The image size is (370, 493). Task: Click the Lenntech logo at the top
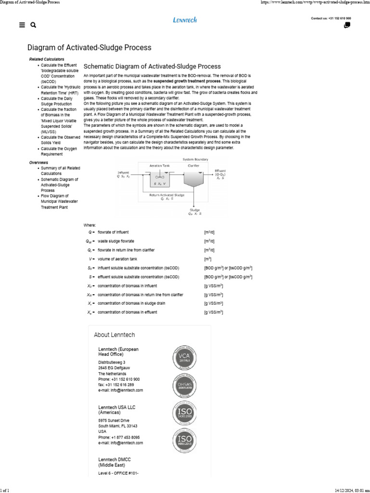185,20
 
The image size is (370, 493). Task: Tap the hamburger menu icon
22,26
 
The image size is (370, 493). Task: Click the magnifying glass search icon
33,26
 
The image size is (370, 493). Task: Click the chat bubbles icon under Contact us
347,26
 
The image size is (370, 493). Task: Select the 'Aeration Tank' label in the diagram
159,165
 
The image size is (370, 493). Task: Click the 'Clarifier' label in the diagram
194,165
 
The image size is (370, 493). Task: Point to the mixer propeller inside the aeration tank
159,176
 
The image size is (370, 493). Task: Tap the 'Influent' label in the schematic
123,172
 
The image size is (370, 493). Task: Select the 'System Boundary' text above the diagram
194,159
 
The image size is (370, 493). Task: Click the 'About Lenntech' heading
114,335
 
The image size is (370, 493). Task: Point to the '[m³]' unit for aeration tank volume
208,259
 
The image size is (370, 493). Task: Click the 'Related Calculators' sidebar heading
47,59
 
